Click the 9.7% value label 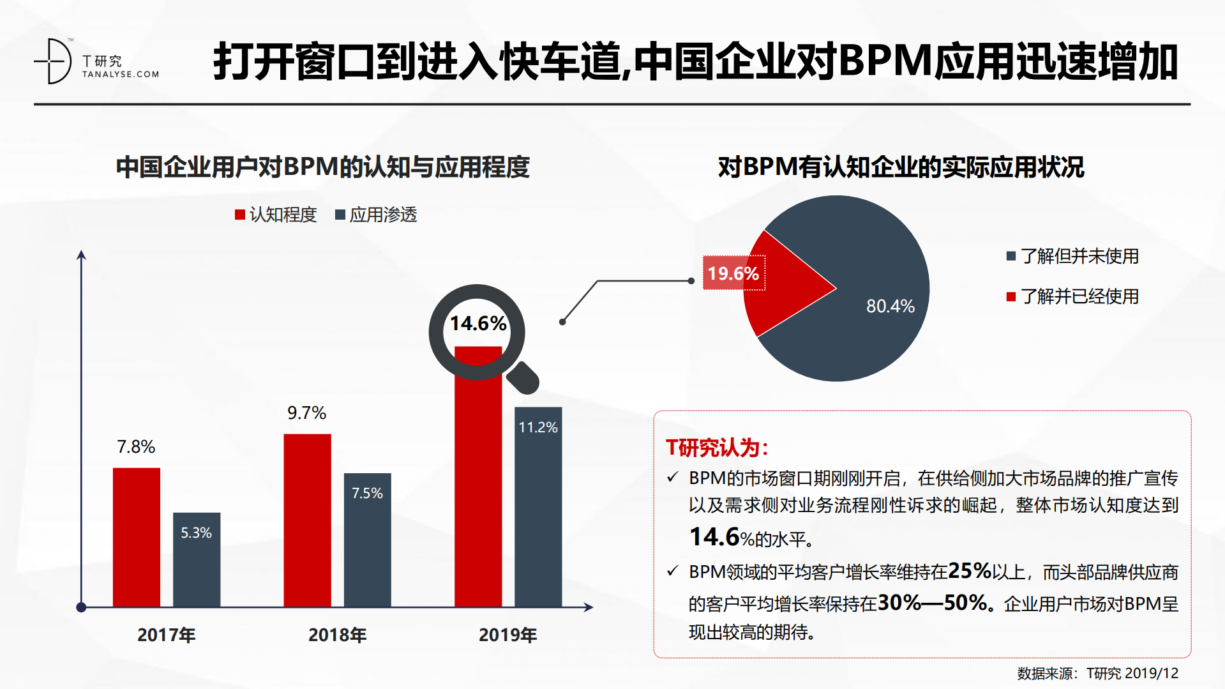[x=306, y=413]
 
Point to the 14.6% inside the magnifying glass [x=477, y=324]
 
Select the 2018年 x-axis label [x=337, y=635]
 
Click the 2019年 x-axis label [x=508, y=635]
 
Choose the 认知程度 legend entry [x=276, y=215]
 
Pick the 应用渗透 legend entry [x=376, y=215]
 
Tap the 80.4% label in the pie [x=890, y=307]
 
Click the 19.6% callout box [x=733, y=273]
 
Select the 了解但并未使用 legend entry [x=1072, y=256]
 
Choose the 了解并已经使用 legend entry [x=1072, y=296]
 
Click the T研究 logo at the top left [x=96, y=62]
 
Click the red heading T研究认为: [x=716, y=448]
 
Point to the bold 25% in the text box [x=969, y=570]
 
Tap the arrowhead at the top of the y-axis [x=81, y=255]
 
